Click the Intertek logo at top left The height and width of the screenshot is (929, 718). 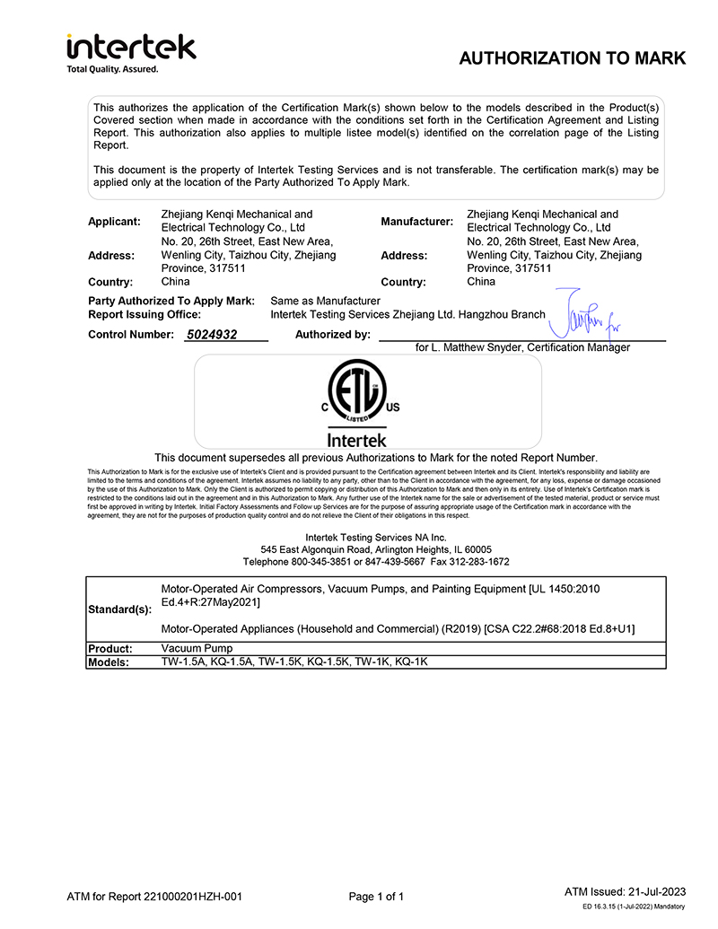tap(131, 47)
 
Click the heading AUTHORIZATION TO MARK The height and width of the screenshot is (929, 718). tap(572, 59)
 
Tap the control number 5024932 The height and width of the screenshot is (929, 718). tap(212, 335)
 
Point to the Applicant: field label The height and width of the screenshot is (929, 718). tap(115, 222)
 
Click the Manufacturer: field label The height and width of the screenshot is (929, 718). tap(416, 222)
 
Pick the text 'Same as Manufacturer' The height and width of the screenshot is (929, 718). tap(325, 301)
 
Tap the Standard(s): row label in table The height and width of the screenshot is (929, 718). tap(119, 609)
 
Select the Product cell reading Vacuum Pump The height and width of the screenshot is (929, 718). tap(197, 648)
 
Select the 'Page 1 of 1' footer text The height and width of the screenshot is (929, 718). tap(376, 897)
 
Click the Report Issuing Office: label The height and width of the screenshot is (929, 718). tap(144, 315)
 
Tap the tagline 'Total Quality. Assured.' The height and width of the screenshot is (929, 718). tap(113, 69)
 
